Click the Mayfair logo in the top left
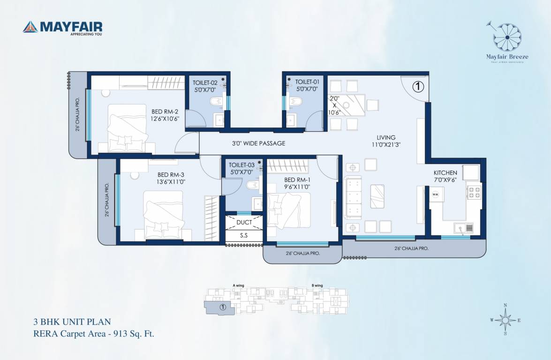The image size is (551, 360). tap(62, 28)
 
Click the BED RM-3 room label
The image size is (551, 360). tap(171, 178)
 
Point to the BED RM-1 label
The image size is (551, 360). tap(297, 183)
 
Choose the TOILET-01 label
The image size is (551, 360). tap(307, 85)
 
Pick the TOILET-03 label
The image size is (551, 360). tap(242, 168)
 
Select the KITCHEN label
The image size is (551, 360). tap(445, 176)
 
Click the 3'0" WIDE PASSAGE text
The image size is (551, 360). tap(258, 143)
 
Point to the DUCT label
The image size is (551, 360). tap(244, 223)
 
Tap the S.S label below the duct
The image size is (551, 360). tap(244, 236)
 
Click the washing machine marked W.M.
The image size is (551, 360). tap(436, 195)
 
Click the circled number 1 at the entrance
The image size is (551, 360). tap(418, 86)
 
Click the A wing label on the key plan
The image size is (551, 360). tap(238, 285)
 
